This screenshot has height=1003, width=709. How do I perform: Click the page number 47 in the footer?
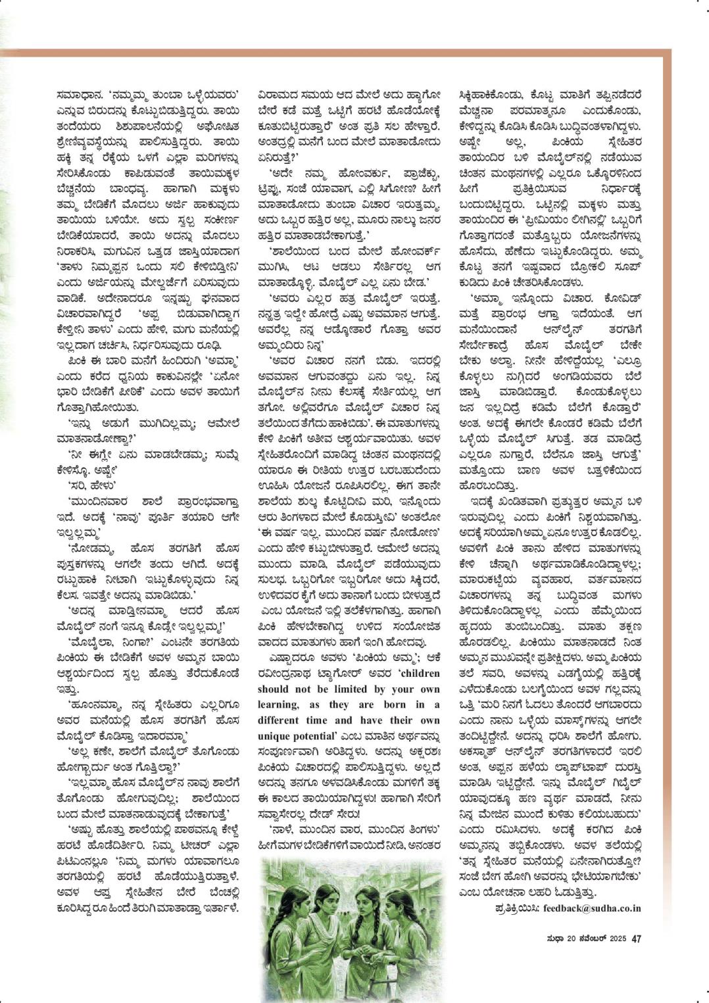click(x=636, y=939)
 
